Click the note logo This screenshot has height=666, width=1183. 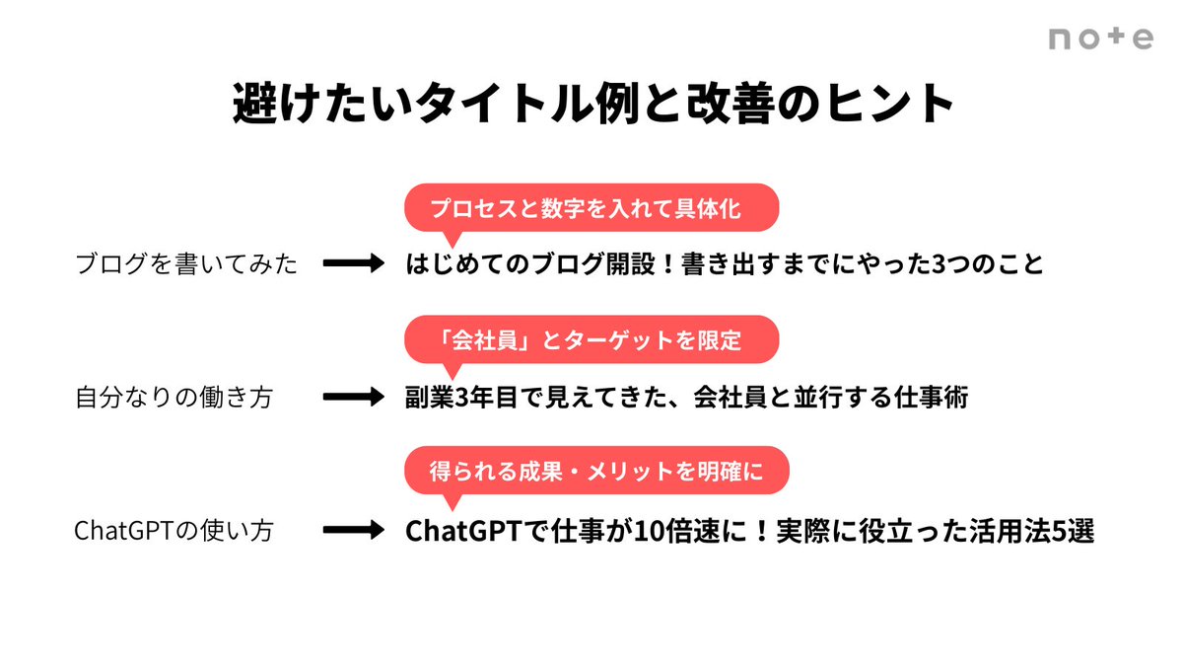tap(1100, 38)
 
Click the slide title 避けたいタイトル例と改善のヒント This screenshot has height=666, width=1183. tap(591, 105)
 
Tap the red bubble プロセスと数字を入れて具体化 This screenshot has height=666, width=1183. tap(591, 209)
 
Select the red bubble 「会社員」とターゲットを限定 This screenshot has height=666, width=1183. tap(591, 341)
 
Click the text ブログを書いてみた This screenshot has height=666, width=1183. tap(186, 264)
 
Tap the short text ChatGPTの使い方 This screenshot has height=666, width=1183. tap(174, 531)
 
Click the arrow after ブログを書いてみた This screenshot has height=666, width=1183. tap(353, 264)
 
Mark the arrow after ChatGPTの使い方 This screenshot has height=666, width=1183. tap(353, 531)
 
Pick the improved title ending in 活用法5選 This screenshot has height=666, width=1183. tap(750, 531)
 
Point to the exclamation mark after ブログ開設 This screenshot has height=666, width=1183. tap(637, 264)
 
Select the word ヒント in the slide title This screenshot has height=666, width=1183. tap(893, 105)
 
